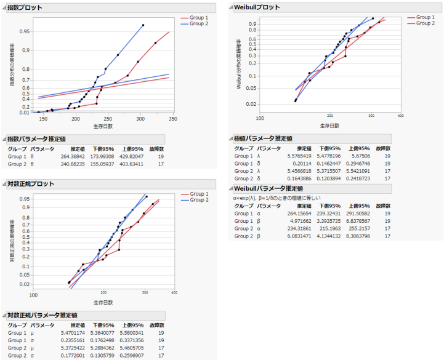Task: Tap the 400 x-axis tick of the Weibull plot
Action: tap(400, 116)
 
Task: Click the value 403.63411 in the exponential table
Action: tap(131, 164)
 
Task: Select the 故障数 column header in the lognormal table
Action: tap(156, 324)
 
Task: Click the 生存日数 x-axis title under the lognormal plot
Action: tap(103, 302)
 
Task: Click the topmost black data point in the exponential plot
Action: tap(143, 25)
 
